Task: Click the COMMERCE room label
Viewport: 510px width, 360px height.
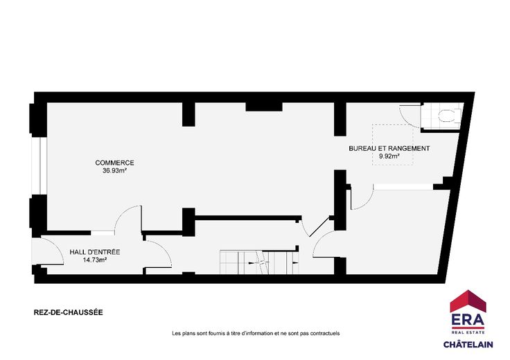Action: (x=114, y=163)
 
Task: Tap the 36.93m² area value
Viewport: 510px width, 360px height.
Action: (x=114, y=170)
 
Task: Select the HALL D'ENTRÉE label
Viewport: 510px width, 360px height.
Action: (x=95, y=252)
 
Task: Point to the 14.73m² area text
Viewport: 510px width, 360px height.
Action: (x=96, y=260)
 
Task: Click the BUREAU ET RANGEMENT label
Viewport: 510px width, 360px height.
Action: (x=389, y=148)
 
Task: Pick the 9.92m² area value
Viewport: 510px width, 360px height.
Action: (x=389, y=156)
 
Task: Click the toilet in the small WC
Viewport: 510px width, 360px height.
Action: (x=450, y=116)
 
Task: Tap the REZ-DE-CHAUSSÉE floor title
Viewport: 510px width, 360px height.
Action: (x=69, y=312)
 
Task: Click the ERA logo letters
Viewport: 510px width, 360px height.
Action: (x=468, y=321)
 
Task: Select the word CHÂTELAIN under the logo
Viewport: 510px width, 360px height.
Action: (x=468, y=344)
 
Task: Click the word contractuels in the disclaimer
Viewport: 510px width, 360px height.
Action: (x=325, y=334)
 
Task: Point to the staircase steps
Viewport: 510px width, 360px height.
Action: (x=259, y=262)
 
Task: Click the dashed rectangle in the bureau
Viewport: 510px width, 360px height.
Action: (x=393, y=145)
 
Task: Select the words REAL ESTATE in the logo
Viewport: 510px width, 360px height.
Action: (x=468, y=332)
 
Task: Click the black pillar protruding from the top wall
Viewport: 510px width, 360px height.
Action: (x=264, y=107)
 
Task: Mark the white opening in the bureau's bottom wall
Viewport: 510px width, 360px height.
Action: (x=403, y=187)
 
